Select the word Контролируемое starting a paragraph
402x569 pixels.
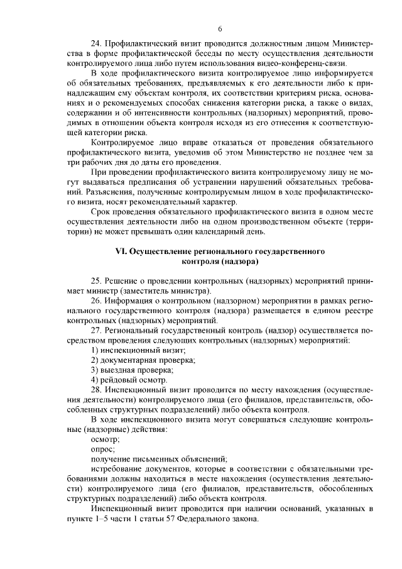click(x=121, y=143)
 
